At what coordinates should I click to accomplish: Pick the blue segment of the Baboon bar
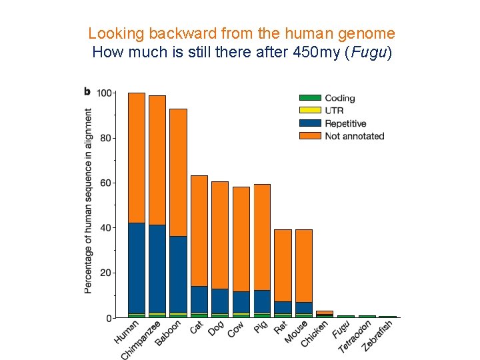click(178, 273)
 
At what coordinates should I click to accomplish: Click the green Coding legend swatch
click(310, 98)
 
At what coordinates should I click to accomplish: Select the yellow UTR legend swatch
click(310, 111)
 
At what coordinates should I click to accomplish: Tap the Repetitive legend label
click(345, 123)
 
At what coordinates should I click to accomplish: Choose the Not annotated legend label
click(354, 136)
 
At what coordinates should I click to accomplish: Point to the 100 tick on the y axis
click(104, 93)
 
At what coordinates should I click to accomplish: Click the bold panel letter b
click(87, 91)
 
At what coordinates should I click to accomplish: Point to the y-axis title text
click(89, 201)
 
